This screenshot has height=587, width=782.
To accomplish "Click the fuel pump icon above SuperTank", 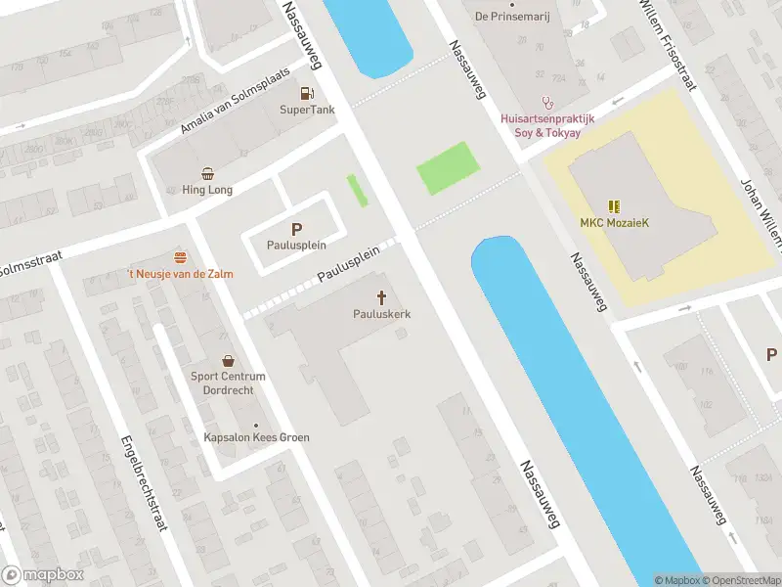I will pyautogui.click(x=307, y=94).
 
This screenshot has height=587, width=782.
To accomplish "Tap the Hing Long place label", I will pyautogui.click(x=207, y=189).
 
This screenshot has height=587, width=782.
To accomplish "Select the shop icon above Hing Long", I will pyautogui.click(x=207, y=172).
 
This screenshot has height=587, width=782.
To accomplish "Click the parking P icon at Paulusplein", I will pyautogui.click(x=296, y=229).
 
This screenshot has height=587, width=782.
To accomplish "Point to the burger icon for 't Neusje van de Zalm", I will pyautogui.click(x=180, y=257).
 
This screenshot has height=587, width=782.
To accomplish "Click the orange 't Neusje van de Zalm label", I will pyautogui.click(x=180, y=274).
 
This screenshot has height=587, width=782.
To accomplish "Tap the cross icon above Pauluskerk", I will pyautogui.click(x=381, y=296).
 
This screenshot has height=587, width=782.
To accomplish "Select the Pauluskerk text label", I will pyautogui.click(x=381, y=314).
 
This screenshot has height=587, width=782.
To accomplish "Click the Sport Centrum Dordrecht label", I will pyautogui.click(x=222, y=383).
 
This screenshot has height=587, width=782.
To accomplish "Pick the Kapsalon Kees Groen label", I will pyautogui.click(x=256, y=437).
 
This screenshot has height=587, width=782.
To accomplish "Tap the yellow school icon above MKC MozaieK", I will pyautogui.click(x=614, y=205).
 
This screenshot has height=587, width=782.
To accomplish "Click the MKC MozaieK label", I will pyautogui.click(x=614, y=222).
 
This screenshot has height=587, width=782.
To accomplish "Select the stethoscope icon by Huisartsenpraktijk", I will pyautogui.click(x=548, y=101).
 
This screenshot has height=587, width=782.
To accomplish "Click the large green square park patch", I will pyautogui.click(x=448, y=168).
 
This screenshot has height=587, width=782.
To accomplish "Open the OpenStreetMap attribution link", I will pyautogui.click(x=739, y=580).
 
